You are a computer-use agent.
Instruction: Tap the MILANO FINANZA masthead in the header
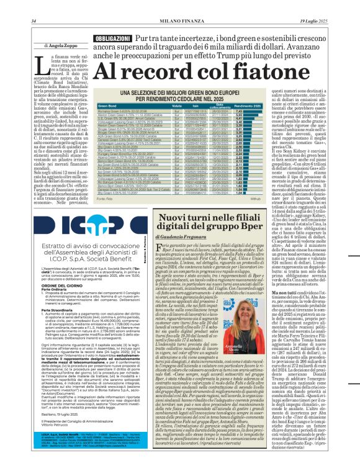click(180, 4)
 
